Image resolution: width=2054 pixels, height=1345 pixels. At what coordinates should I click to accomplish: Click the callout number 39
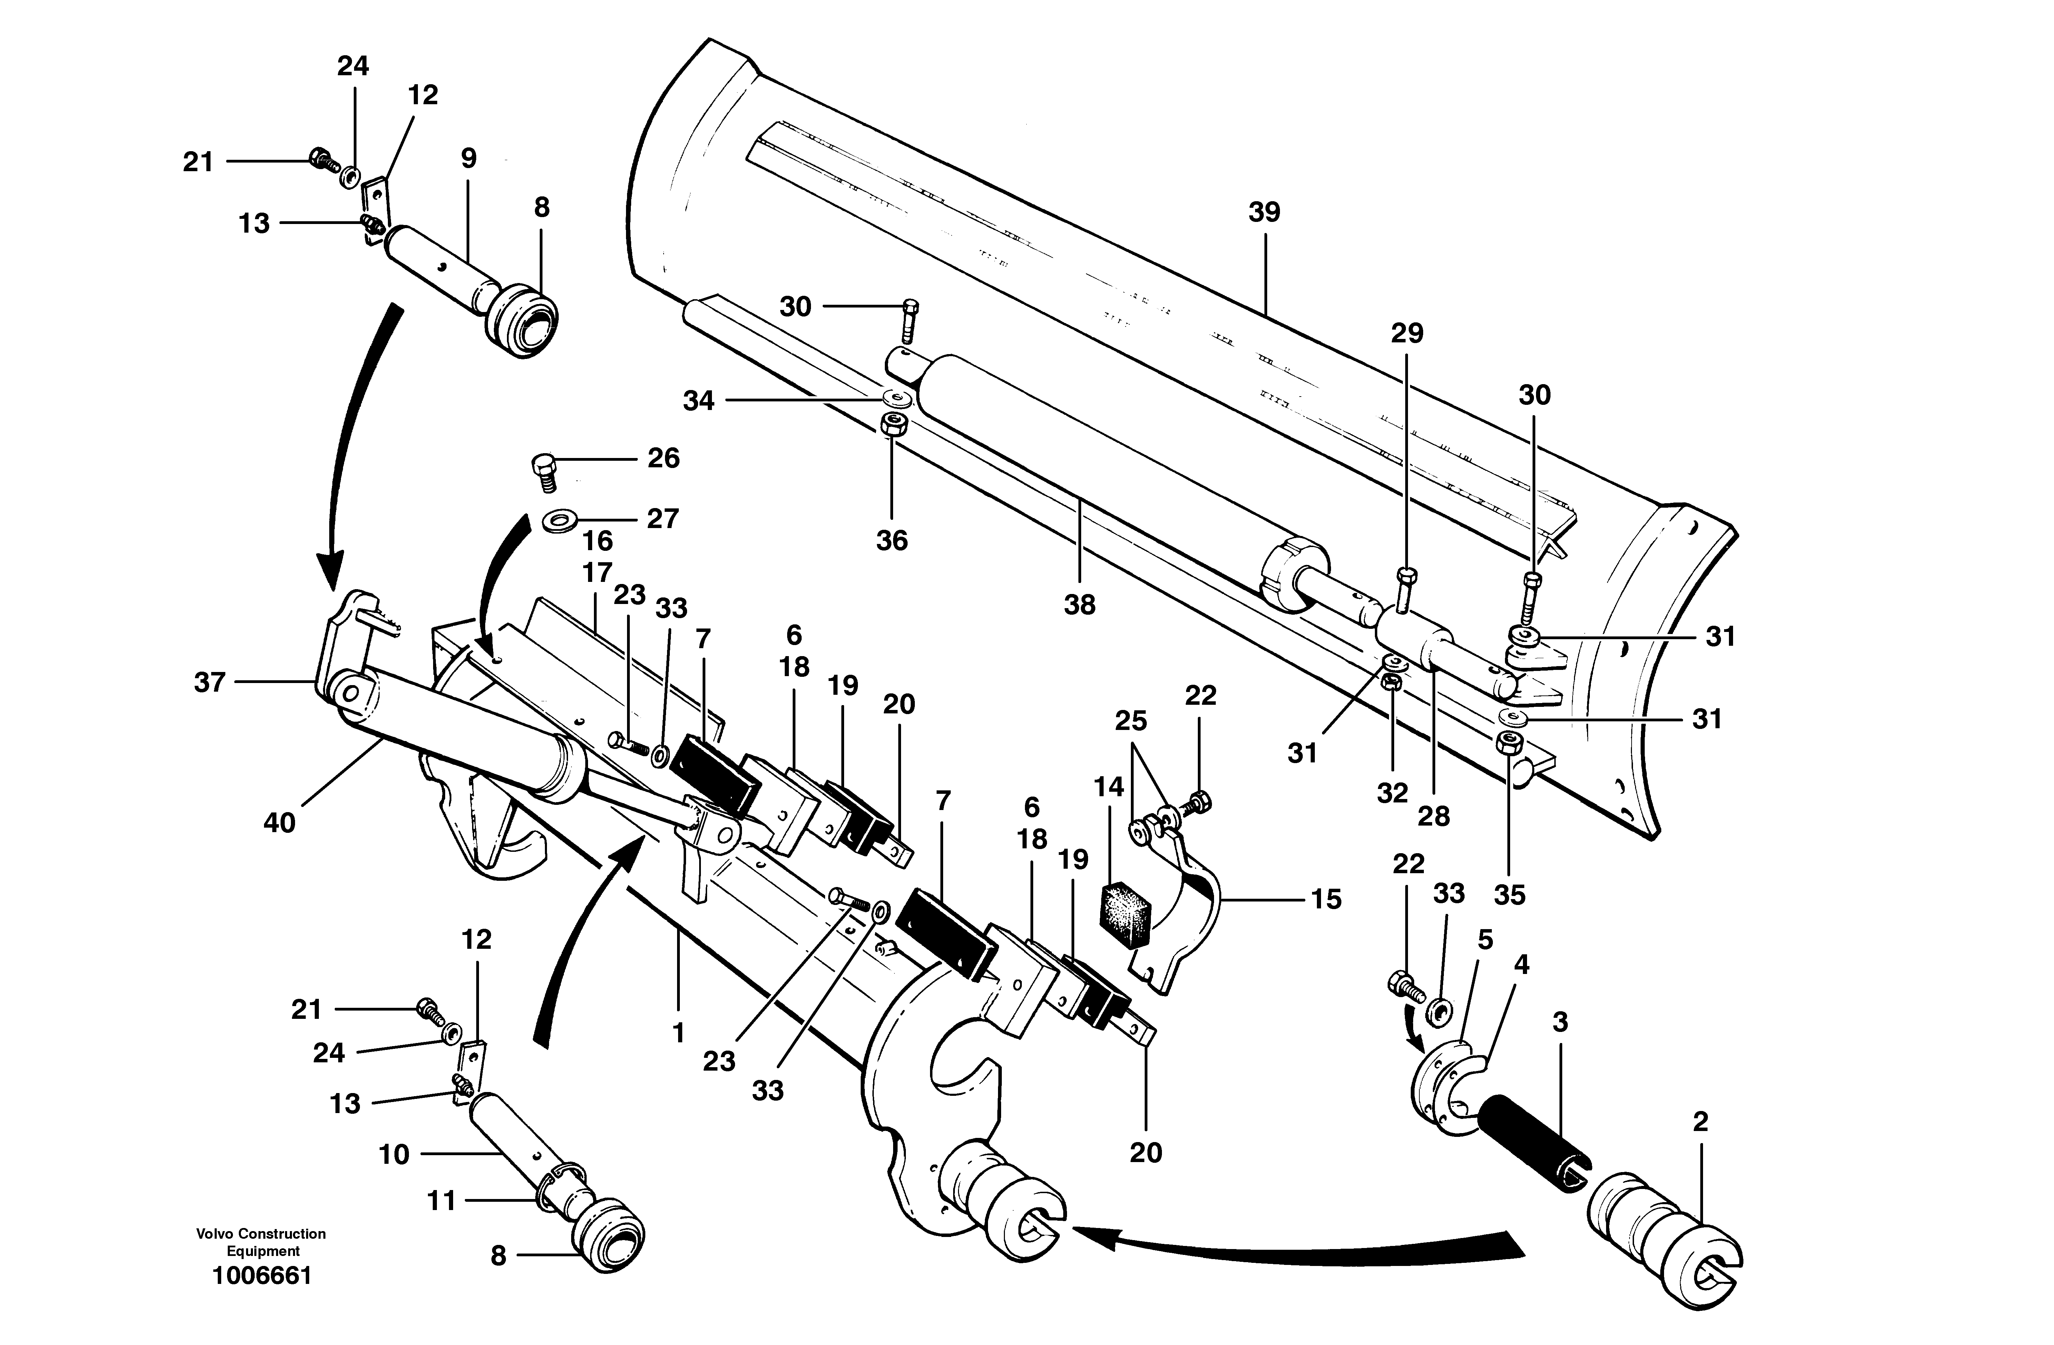pos(1264,212)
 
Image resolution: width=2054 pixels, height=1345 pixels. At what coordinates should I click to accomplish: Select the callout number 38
pos(1079,604)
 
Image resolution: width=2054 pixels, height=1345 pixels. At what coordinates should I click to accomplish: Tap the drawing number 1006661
pos(262,1275)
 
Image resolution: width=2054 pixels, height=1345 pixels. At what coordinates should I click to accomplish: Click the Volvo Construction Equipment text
pos(261,1241)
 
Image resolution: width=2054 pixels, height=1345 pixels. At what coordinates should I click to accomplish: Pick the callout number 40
pos(279,823)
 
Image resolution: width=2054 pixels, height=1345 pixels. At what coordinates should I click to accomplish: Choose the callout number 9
pos(469,158)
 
